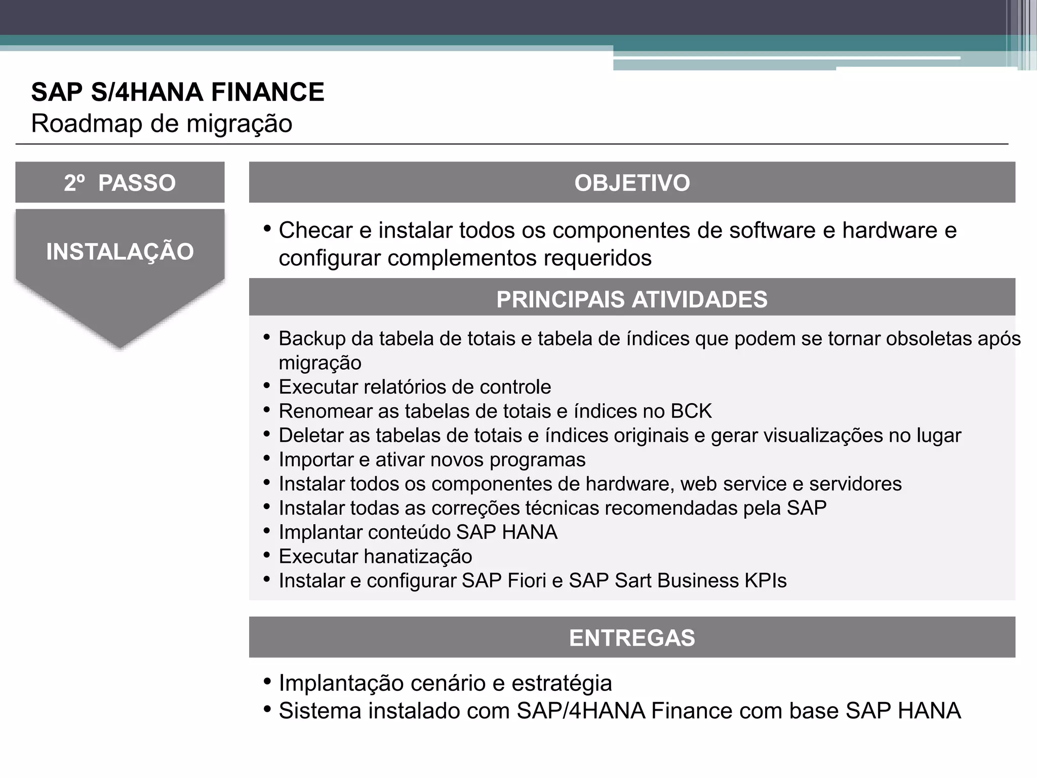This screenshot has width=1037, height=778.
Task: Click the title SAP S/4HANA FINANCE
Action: click(178, 92)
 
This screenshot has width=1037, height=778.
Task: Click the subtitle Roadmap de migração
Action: click(162, 124)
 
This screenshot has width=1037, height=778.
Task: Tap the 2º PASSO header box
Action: click(120, 183)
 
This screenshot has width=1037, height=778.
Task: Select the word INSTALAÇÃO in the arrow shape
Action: click(120, 252)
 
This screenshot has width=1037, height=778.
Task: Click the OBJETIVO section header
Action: click(632, 183)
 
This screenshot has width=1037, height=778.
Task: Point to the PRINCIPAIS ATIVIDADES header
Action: click(632, 299)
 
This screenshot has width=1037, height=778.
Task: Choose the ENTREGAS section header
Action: click(632, 638)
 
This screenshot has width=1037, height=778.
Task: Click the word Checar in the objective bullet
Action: click(315, 230)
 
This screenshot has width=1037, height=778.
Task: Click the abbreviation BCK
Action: click(691, 411)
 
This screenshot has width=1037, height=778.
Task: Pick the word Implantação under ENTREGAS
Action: click(341, 683)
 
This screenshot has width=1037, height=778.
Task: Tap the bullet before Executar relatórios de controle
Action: click(267, 386)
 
